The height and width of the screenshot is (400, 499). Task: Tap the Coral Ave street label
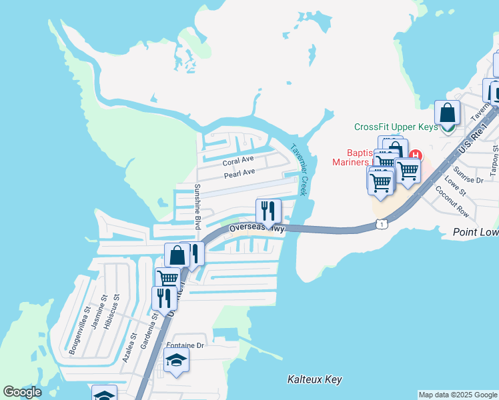(x=238, y=161)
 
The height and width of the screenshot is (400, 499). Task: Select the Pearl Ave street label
(x=239, y=173)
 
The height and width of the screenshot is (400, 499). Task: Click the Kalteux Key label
(x=314, y=379)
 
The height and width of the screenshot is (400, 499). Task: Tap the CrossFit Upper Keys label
(x=396, y=127)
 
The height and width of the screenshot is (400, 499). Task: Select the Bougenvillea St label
(x=79, y=329)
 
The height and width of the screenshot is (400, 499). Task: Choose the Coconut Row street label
(x=452, y=199)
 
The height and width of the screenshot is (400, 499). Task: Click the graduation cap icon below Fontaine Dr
(x=176, y=361)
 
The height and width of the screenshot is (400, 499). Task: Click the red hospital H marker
(x=415, y=155)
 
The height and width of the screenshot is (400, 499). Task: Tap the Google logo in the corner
(x=22, y=392)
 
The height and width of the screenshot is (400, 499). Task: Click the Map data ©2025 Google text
(x=458, y=395)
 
